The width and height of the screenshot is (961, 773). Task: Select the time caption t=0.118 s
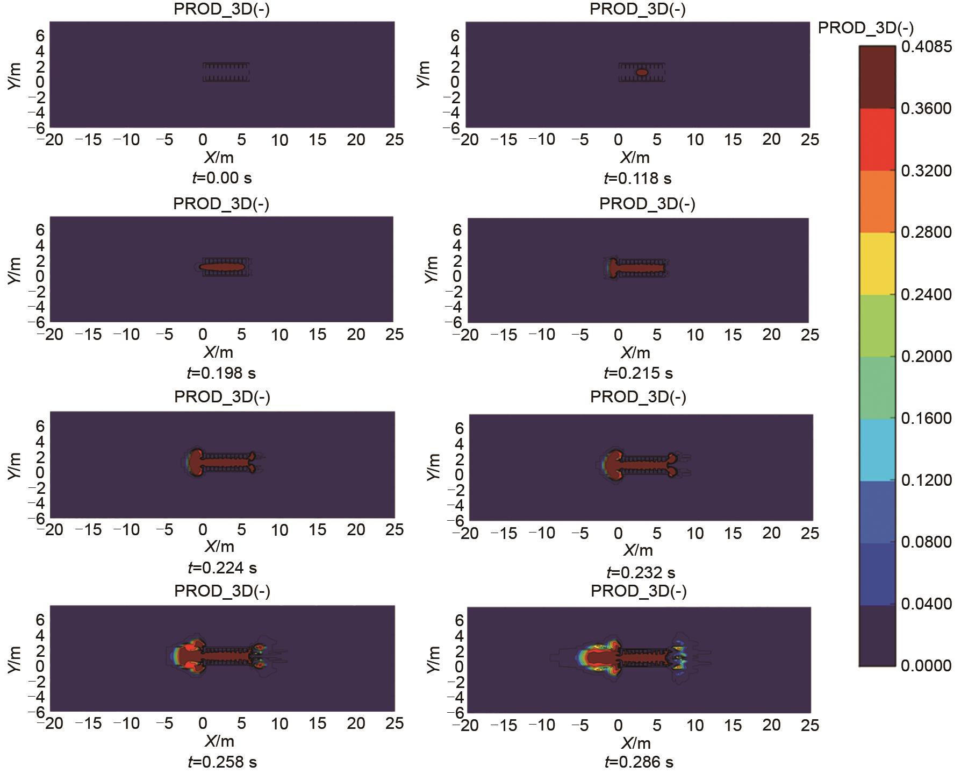click(637, 178)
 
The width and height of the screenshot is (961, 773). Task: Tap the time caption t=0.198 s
click(221, 373)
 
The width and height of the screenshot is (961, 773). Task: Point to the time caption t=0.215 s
click(638, 373)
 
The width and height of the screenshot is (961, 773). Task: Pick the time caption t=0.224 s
click(222, 568)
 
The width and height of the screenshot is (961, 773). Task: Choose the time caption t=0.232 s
click(641, 572)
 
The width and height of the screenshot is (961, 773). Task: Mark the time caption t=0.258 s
click(222, 762)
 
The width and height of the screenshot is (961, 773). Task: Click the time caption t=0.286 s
click(639, 762)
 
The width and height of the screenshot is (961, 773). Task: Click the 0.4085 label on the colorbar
click(926, 47)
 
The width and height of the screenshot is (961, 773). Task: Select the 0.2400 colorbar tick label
click(926, 295)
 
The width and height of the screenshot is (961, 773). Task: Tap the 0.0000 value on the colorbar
click(926, 666)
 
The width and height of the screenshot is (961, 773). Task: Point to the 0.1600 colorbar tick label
click(926, 419)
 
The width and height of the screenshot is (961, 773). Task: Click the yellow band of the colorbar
click(877, 264)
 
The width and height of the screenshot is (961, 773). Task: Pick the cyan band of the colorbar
click(877, 450)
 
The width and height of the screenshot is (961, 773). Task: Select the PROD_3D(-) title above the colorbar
click(865, 28)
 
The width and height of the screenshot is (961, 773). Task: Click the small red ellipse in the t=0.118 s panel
click(642, 72)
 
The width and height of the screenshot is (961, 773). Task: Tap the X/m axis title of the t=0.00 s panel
click(219, 158)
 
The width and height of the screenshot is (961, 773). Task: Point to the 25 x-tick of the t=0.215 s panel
click(809, 335)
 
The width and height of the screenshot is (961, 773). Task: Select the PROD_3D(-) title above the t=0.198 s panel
click(221, 204)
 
